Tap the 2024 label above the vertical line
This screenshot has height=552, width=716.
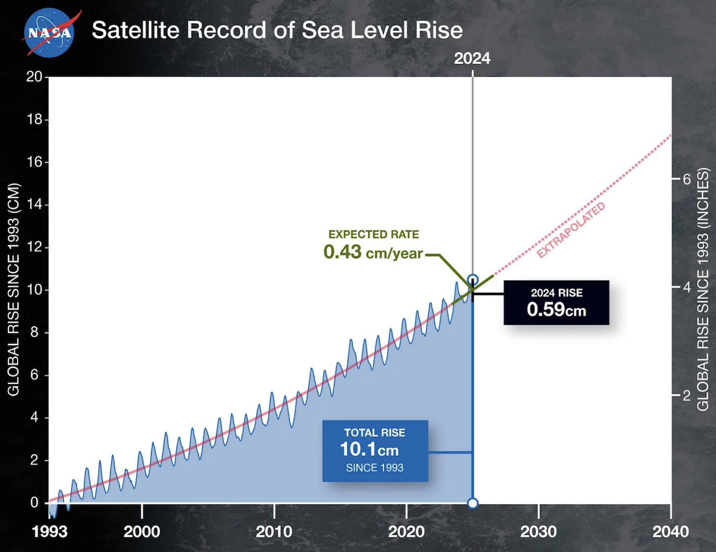point(472,58)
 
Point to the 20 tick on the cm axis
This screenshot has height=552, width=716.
point(34,77)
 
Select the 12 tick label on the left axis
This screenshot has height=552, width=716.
point(34,247)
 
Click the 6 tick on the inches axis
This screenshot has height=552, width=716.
point(687,179)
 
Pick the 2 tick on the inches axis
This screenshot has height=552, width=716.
point(687,395)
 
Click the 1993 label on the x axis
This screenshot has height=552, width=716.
point(50,532)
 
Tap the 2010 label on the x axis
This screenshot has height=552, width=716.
point(274,532)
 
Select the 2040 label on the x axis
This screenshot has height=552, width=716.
point(670,532)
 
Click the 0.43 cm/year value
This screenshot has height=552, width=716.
point(373,253)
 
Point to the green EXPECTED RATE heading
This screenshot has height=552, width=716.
point(374,234)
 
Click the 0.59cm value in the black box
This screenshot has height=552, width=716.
point(556,310)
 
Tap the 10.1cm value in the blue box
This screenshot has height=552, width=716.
point(369,449)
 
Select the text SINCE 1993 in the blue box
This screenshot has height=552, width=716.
point(375,468)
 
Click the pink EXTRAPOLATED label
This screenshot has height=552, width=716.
point(570,230)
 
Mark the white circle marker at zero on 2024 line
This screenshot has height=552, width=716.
point(473,503)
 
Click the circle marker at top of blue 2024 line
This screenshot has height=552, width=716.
point(473,280)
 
